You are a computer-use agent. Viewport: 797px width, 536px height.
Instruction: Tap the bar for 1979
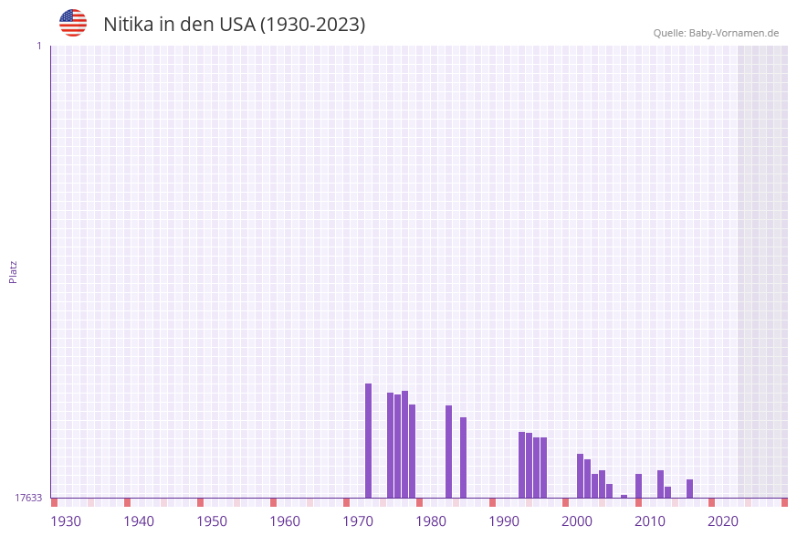click(413, 451)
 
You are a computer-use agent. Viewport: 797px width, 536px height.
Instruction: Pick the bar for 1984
click(449, 451)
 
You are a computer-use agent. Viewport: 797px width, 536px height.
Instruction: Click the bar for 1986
click(464, 457)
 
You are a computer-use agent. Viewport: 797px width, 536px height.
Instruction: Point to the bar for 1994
click(522, 465)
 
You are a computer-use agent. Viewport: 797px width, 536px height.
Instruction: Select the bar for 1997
click(544, 468)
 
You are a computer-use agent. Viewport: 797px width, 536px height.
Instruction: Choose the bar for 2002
click(581, 476)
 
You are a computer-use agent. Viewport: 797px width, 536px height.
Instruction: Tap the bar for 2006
click(610, 490)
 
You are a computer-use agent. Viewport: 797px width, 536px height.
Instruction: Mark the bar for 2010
click(639, 486)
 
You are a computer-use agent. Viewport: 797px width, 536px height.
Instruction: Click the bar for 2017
click(690, 489)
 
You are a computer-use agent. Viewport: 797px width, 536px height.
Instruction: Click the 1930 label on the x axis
click(66, 521)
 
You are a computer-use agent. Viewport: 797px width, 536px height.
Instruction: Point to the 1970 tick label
click(358, 521)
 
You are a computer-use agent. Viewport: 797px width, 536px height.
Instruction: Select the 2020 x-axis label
click(723, 521)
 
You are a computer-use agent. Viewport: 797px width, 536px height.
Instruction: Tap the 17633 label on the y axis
click(28, 498)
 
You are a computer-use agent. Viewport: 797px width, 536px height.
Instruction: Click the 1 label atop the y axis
click(39, 46)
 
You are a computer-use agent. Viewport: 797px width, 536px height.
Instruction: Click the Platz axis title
click(14, 272)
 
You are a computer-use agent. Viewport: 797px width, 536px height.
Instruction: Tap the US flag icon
click(73, 23)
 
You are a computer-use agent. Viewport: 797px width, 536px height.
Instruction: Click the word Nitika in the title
click(128, 25)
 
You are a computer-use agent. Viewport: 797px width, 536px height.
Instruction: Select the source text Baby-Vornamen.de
click(734, 33)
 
